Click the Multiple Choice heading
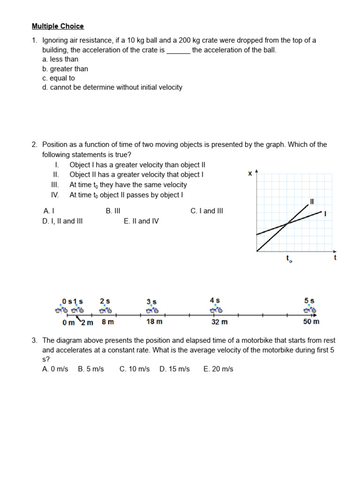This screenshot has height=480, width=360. (x=58, y=26)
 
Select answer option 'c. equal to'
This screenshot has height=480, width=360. (x=58, y=78)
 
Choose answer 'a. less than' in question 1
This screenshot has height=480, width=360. (x=60, y=60)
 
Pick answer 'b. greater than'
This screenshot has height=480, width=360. (x=65, y=69)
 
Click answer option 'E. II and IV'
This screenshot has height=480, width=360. (x=141, y=221)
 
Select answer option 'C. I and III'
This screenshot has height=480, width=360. (x=207, y=211)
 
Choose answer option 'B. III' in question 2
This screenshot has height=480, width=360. (x=113, y=211)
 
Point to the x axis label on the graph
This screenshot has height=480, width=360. (x=250, y=173)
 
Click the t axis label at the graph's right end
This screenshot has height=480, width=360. (x=335, y=257)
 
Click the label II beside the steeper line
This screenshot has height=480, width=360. (x=312, y=202)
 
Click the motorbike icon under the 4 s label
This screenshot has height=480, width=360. (x=216, y=310)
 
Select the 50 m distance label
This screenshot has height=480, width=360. (x=311, y=322)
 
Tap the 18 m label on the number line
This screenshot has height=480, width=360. (x=154, y=322)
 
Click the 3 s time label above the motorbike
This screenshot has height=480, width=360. (x=152, y=301)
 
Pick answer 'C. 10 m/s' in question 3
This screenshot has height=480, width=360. (x=135, y=369)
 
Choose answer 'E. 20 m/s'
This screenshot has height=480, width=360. (x=218, y=369)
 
